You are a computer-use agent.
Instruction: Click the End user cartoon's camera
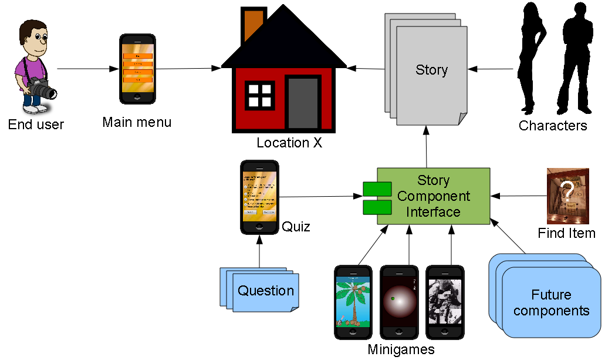point(42,89)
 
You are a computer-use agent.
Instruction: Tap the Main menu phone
point(138,69)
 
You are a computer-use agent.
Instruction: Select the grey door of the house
point(303,102)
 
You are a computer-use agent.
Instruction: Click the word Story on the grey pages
point(431,70)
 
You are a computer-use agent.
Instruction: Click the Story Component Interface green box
point(433,196)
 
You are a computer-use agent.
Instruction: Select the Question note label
point(266,291)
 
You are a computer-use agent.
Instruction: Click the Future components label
point(551,302)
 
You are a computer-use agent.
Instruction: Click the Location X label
point(289,143)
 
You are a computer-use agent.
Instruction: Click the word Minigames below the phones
point(401,350)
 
